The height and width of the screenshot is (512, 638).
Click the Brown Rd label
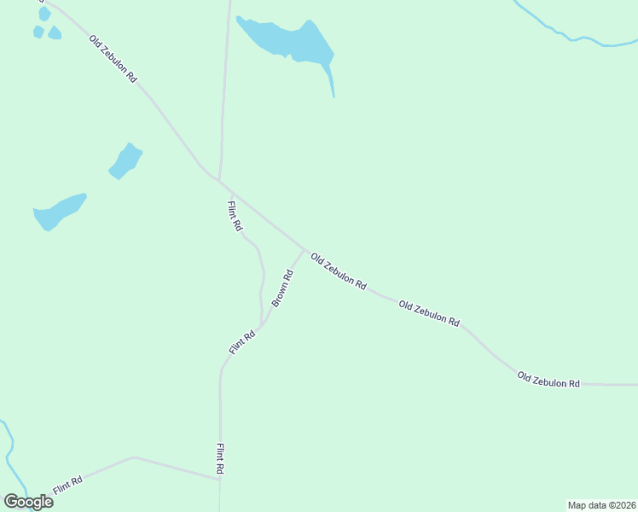[x=283, y=288]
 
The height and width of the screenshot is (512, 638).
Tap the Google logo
[x=28, y=501]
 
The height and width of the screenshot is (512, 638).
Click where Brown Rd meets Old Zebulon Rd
[x=304, y=250]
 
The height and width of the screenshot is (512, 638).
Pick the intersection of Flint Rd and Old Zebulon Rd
[x=220, y=181]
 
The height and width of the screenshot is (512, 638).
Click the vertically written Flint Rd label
[x=220, y=459]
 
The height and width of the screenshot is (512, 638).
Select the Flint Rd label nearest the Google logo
[x=67, y=486]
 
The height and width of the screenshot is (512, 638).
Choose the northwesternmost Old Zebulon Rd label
[x=113, y=58]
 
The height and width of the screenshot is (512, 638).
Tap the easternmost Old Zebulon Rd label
[x=548, y=380]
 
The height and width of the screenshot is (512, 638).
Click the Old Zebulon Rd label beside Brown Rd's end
[x=339, y=271]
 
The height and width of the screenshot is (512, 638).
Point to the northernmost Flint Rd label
[x=235, y=215]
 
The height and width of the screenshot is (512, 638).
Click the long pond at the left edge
[x=58, y=211]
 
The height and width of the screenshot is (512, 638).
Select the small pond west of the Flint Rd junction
[x=125, y=160]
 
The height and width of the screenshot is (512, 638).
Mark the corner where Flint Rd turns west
[x=220, y=479]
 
